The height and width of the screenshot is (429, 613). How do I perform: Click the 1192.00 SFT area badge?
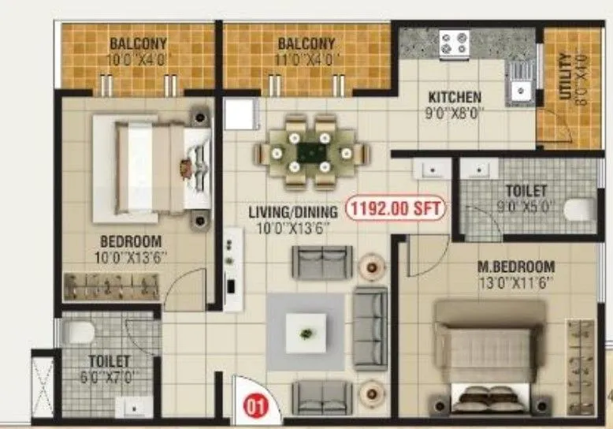[397, 210]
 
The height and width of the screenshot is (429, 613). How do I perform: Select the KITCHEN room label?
[455, 98]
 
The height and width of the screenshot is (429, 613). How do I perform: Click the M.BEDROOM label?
[516, 267]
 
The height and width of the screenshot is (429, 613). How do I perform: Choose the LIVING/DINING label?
[293, 211]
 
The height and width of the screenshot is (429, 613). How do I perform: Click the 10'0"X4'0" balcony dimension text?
[137, 58]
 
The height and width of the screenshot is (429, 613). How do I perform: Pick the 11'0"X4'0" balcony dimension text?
[306, 58]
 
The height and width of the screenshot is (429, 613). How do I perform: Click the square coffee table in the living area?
[305, 331]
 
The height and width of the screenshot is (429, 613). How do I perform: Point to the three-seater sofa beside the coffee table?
[370, 328]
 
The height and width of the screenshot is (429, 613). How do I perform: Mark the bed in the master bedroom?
[489, 355]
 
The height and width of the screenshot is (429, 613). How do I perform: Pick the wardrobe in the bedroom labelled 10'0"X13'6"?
[112, 286]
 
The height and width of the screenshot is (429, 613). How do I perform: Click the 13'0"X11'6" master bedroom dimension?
[516, 282]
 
